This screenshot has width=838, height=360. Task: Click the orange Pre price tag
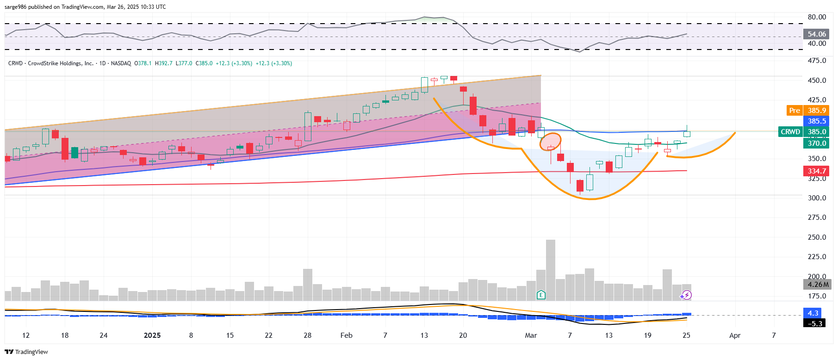coord(794,111)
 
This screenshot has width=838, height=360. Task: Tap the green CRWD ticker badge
coord(790,132)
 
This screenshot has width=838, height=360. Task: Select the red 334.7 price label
coord(817,171)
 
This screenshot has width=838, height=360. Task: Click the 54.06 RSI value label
coord(817,34)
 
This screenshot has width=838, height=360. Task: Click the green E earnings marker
coord(540,295)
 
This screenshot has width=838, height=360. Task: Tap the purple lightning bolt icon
coord(687,295)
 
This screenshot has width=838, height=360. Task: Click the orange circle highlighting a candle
coord(551,141)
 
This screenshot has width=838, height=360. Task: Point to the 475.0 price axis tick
coord(817,61)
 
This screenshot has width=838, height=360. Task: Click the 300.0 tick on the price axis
coord(817,198)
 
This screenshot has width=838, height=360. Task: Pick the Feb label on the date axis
coord(346,335)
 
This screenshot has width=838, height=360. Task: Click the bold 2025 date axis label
coord(152,335)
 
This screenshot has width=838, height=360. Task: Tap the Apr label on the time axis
coord(735,335)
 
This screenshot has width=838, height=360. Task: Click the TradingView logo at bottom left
coord(26,352)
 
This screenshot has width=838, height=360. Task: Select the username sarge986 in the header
coord(16,7)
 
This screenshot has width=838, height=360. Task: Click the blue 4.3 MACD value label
coord(813,313)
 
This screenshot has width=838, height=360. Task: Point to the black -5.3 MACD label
coord(815,323)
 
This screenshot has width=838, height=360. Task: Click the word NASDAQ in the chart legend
coord(121,63)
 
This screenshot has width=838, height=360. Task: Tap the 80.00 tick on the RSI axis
coord(817,17)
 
